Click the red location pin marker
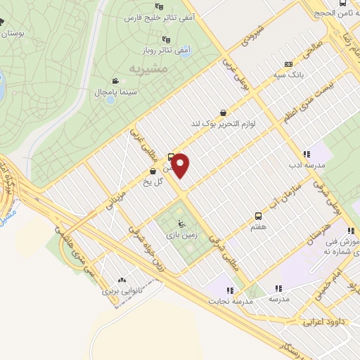[x=181, y=166]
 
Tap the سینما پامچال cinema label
[x=114, y=93]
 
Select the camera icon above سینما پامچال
[x=115, y=82]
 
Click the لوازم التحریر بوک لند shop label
[x=222, y=123]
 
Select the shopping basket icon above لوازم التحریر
[x=223, y=112]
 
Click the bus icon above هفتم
[x=258, y=217]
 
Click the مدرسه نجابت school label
[x=229, y=301]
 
